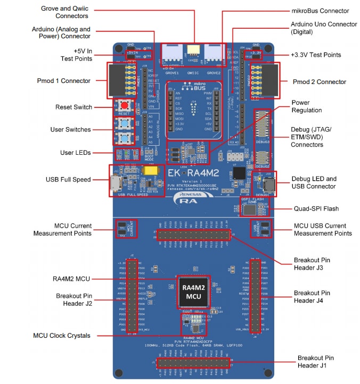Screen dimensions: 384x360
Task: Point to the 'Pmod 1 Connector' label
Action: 65,81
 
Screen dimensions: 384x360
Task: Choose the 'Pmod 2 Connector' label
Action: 320,82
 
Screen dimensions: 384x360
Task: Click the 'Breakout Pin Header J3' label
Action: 316,265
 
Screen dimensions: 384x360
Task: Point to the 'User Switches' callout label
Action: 71,129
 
